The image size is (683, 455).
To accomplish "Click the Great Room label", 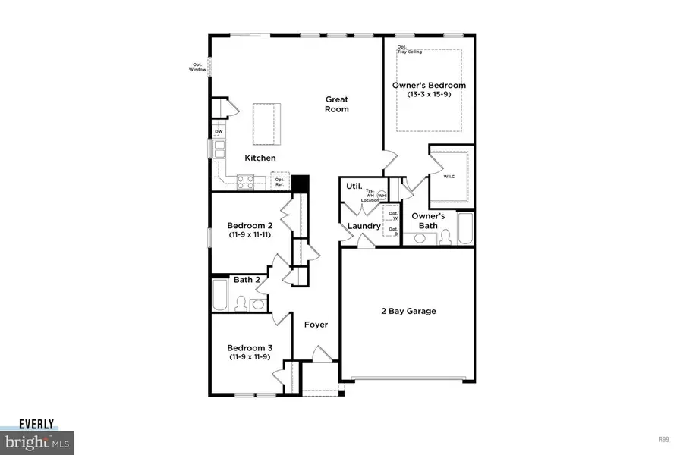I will [x=337, y=104].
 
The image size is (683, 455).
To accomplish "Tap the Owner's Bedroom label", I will [x=429, y=86].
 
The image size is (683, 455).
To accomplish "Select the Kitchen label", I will [x=260, y=158].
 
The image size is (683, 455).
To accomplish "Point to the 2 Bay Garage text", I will [x=408, y=311].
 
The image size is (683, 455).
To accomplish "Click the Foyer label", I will [x=316, y=325].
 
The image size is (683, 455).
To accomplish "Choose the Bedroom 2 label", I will [x=250, y=225].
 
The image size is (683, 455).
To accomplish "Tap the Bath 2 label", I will [x=247, y=280].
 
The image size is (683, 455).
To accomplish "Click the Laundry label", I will [x=364, y=226].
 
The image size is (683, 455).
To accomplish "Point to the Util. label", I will [x=353, y=186].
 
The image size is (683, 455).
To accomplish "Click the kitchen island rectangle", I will [x=265, y=122].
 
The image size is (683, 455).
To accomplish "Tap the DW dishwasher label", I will [x=219, y=132].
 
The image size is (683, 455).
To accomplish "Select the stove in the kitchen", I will [x=246, y=181].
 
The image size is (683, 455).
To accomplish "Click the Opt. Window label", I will [x=198, y=67].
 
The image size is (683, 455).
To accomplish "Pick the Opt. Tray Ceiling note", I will [x=410, y=49].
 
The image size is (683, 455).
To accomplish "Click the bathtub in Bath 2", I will [x=219, y=296].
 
